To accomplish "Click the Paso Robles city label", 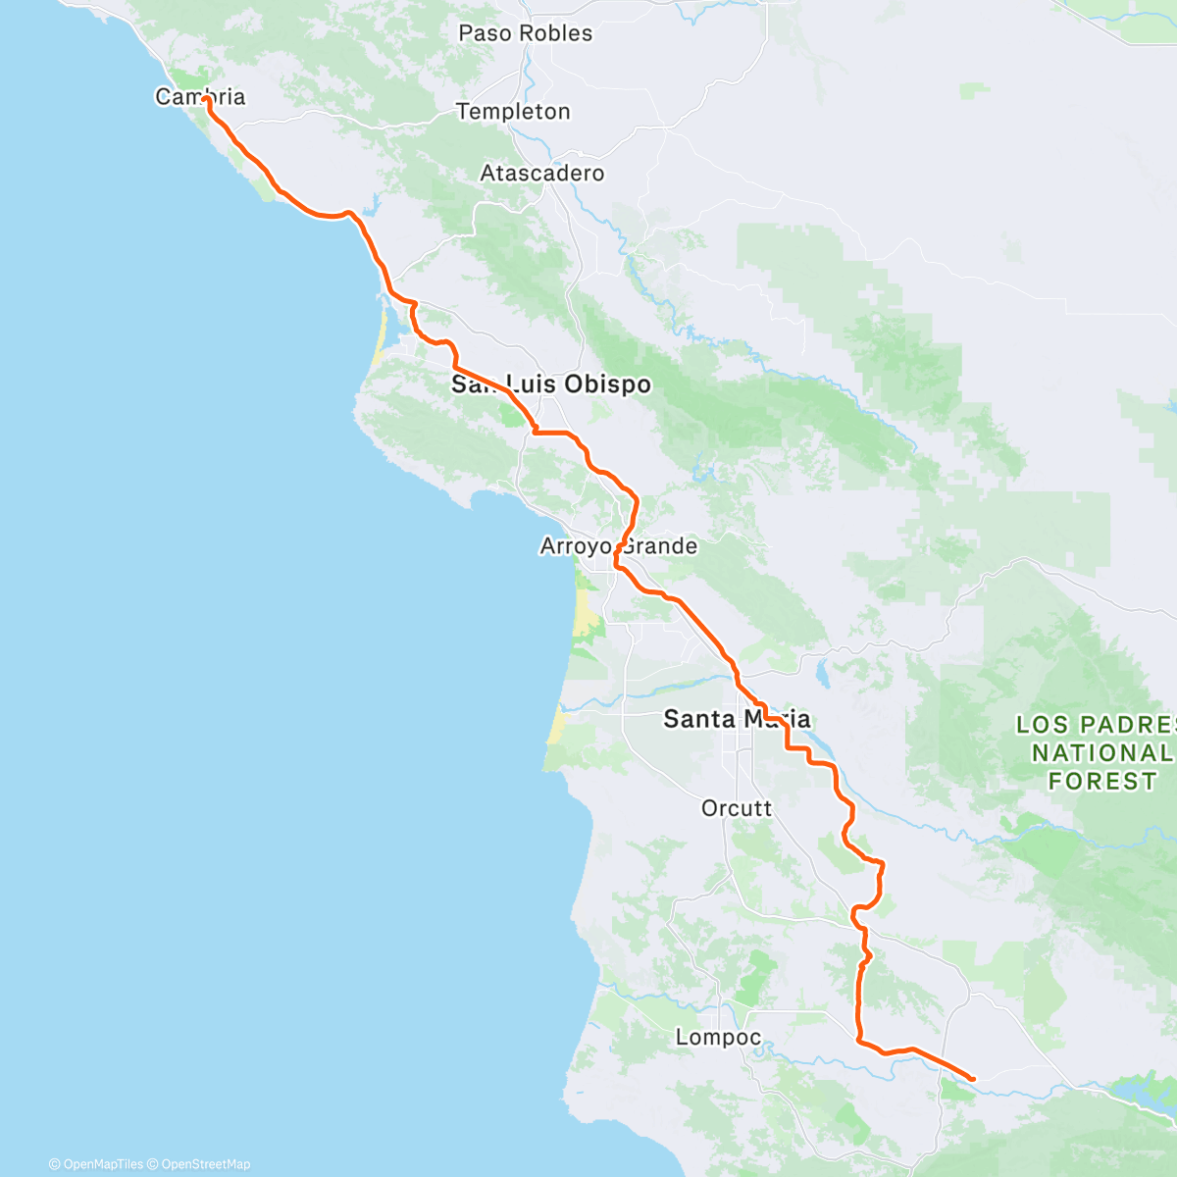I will pos(526,33).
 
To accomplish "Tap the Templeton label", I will pos(513,112).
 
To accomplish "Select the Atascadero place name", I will pos(542,174).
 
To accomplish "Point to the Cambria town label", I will pos(200,97).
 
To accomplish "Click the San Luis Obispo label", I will pos(551,384).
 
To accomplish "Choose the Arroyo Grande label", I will pos(619,546).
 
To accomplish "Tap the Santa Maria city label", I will pos(737,719).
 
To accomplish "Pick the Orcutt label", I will pos(737,808).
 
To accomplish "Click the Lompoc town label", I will pos(718,1038).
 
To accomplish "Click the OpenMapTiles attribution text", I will pos(96,1164).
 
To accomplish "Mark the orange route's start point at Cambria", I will pos(205,99).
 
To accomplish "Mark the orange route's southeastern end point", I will pos(972,1079).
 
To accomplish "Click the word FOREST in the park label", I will pos(1102,782).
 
